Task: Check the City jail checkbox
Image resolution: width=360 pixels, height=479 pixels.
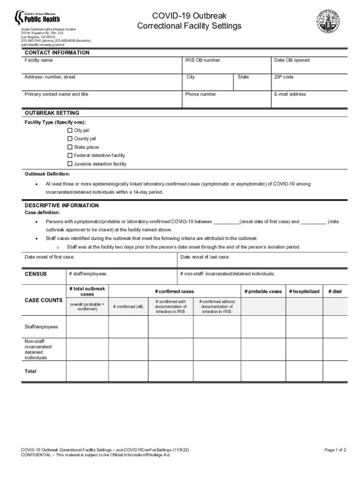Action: [x=70, y=131]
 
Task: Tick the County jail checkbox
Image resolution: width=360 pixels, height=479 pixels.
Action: [x=70, y=139]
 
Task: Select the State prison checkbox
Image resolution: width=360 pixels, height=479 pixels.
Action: [x=70, y=147]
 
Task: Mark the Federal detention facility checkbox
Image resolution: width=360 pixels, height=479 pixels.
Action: [x=70, y=156]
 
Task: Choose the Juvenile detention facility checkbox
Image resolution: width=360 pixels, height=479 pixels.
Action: [x=70, y=164]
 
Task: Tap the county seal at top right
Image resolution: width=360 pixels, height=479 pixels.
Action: [x=328, y=21]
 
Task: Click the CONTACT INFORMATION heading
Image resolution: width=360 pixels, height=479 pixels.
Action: [x=57, y=53]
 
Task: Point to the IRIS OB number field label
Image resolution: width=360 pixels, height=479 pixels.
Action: [x=202, y=60]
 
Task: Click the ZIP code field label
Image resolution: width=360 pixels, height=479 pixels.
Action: [x=284, y=77]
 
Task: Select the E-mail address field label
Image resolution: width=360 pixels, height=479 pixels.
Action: [x=290, y=94]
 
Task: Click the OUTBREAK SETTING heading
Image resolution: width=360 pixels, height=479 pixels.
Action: [x=52, y=113]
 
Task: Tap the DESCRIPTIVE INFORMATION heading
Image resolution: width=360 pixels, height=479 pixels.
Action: [x=62, y=206]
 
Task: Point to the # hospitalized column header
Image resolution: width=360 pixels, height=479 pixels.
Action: [x=304, y=291]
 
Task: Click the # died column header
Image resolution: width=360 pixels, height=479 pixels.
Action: [x=335, y=291]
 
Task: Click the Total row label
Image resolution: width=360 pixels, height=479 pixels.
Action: [x=30, y=371]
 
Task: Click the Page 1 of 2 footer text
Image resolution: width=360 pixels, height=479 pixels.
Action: [x=335, y=450]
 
